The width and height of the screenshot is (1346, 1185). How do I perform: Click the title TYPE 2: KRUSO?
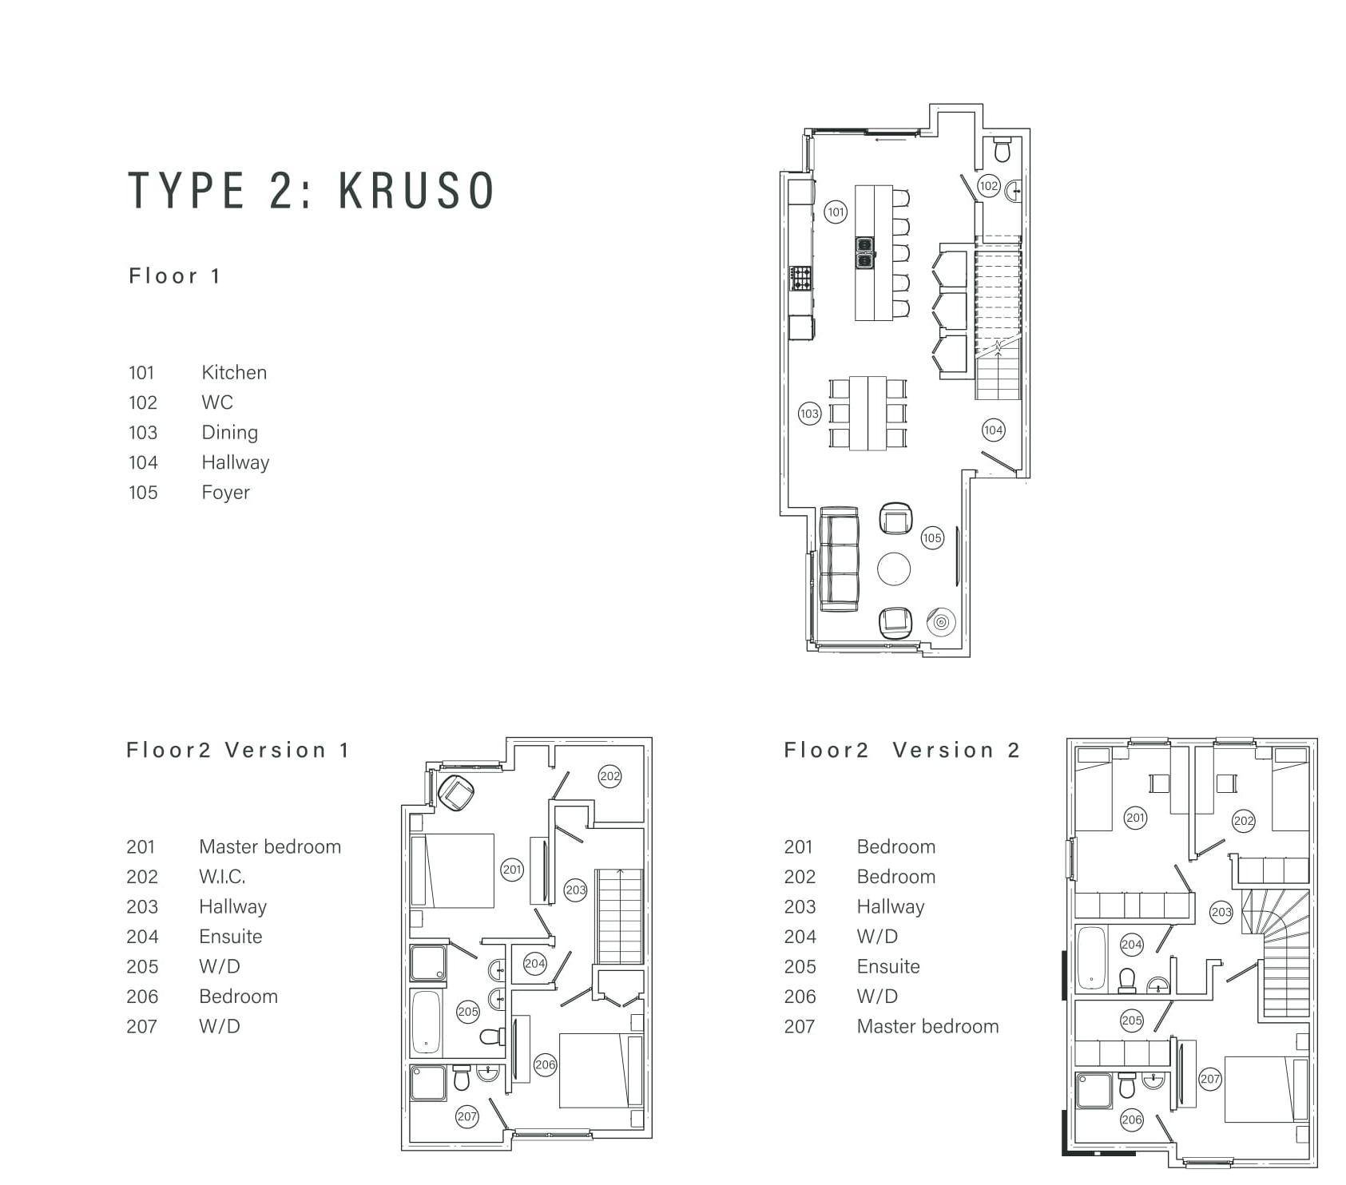tap(312, 190)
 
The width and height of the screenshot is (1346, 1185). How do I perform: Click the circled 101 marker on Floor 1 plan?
tap(836, 212)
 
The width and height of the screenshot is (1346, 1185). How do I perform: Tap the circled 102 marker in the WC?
tap(989, 186)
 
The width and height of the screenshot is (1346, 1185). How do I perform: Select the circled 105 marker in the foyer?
tap(932, 537)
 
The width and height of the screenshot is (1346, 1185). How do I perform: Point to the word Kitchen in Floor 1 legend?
tap(234, 373)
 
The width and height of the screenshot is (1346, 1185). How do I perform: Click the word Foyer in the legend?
tap(225, 493)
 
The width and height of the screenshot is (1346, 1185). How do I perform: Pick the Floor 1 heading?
tap(174, 276)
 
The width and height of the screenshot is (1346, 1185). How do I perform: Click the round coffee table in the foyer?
tap(894, 569)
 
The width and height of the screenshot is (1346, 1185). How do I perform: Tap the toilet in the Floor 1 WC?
tap(1003, 149)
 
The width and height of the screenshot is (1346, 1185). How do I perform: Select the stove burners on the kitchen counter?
tap(800, 279)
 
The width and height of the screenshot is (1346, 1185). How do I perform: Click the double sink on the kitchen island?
tap(865, 252)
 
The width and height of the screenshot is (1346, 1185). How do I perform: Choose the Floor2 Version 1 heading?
tap(238, 751)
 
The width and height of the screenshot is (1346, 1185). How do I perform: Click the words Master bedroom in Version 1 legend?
tap(270, 846)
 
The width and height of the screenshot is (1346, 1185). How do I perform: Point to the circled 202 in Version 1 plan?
tap(610, 776)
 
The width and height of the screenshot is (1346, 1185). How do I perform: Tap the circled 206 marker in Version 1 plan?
tap(546, 1064)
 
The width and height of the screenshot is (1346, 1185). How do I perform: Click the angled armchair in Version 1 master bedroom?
tap(457, 793)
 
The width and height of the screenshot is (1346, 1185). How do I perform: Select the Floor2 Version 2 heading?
tap(902, 751)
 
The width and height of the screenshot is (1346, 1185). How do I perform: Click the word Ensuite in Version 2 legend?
tap(888, 966)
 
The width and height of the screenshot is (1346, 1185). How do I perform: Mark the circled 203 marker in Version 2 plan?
tap(1221, 912)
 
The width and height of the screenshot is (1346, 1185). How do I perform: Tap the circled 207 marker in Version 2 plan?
tap(1210, 1080)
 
